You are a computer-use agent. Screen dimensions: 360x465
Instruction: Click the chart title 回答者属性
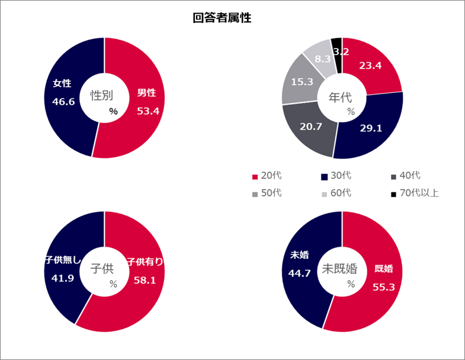222,18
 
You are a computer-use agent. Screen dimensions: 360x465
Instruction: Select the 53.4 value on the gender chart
148,110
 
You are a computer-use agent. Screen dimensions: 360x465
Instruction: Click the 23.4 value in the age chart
370,66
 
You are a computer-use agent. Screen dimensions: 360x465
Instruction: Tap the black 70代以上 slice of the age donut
337,44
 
